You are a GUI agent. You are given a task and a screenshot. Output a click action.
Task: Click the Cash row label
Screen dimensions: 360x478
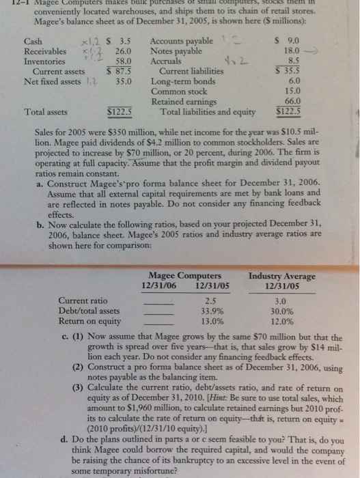[32, 42]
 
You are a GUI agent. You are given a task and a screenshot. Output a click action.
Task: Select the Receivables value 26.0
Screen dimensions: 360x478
[123, 51]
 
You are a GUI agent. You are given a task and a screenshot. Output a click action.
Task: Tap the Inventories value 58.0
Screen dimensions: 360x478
[123, 61]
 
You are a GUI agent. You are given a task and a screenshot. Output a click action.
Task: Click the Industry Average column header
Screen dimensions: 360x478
[282, 277]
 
